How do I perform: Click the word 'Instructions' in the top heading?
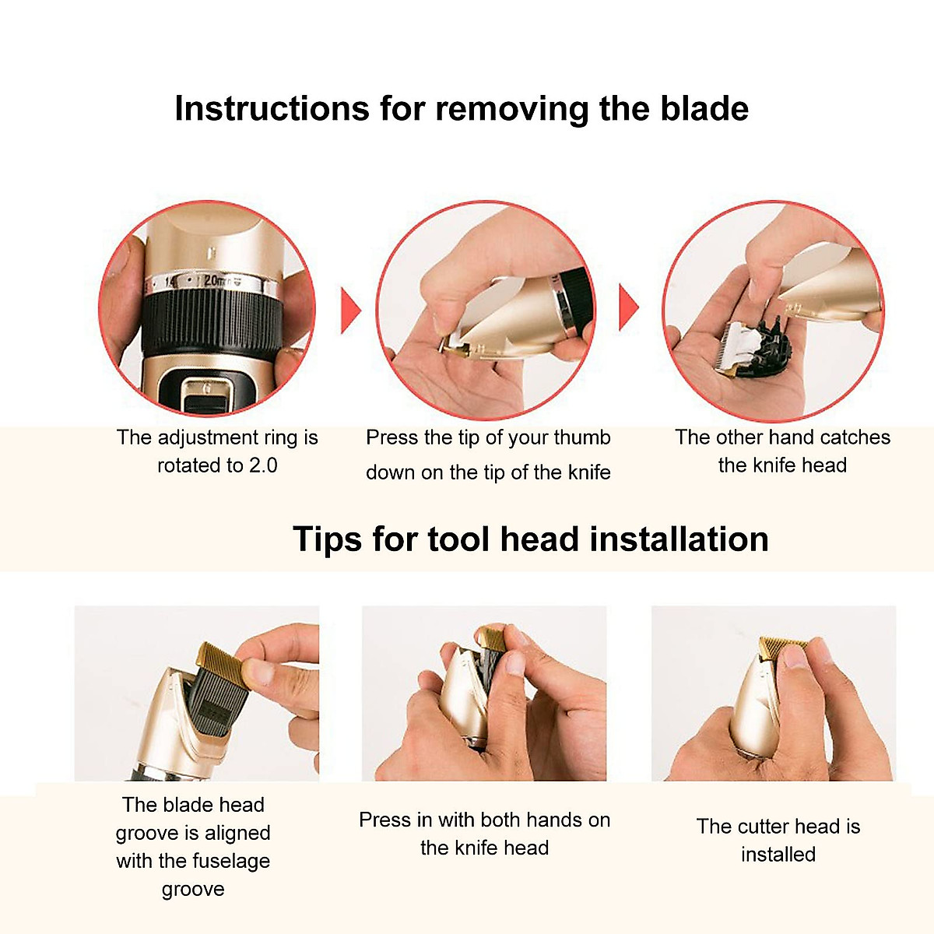coord(271,109)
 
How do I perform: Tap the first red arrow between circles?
coord(351,311)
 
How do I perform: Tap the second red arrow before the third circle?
coord(629,307)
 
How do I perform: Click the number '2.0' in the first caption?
coord(263,465)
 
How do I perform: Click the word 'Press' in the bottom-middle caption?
coord(385,820)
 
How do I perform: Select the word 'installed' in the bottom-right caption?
coord(778,855)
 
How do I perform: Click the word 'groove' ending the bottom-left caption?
coord(193,889)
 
